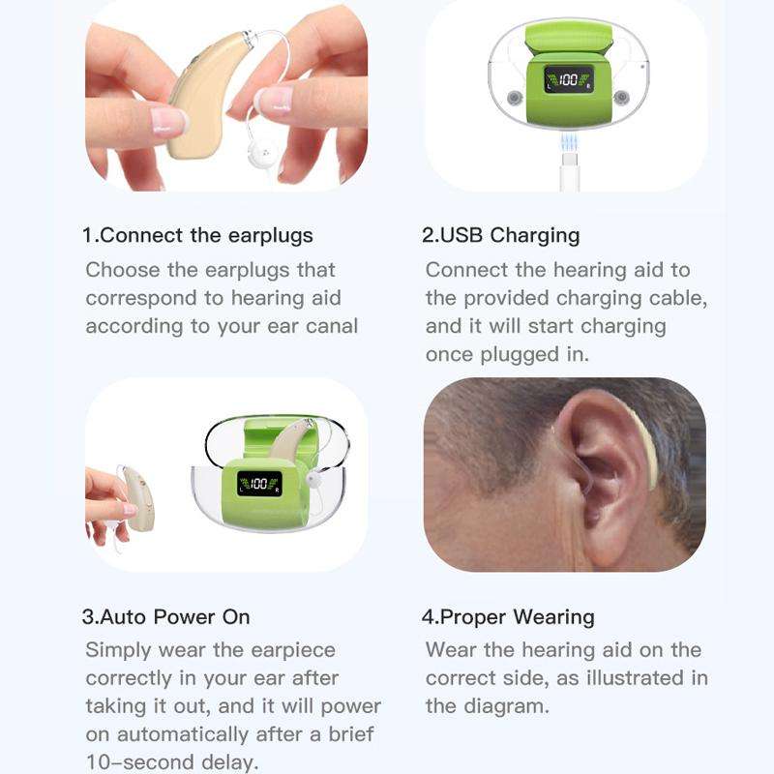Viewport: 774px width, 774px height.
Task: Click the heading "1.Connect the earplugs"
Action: click(x=197, y=235)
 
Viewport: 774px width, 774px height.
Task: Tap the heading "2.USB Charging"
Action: click(x=501, y=235)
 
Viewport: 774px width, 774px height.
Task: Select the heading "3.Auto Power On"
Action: click(x=165, y=616)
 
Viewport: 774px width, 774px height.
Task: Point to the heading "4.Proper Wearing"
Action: click(x=508, y=616)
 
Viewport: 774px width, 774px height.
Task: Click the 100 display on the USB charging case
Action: click(x=568, y=80)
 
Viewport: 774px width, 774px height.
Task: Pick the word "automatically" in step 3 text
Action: click(x=183, y=733)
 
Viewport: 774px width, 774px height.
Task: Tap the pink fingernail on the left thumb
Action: click(x=166, y=120)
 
